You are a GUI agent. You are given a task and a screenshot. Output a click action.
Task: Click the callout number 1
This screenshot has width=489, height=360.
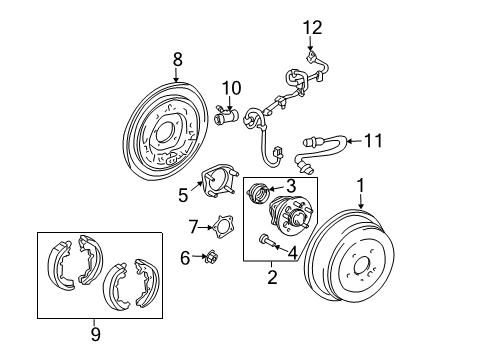(x=360, y=186)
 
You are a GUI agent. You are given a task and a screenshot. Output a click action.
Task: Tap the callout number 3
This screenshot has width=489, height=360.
(x=291, y=185)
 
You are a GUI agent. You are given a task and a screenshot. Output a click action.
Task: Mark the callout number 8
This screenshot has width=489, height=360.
(x=177, y=60)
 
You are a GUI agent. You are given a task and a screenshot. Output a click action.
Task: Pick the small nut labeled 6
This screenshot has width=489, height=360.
(x=212, y=258)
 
